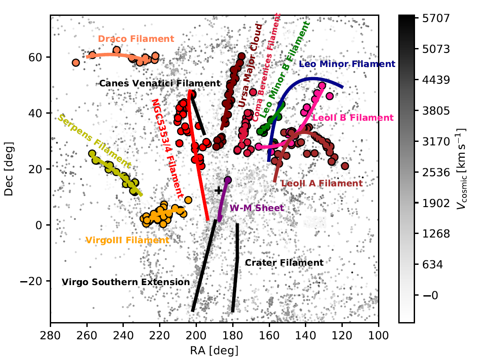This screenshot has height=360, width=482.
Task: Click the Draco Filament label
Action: (136, 39)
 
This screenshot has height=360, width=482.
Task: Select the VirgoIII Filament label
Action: (127, 241)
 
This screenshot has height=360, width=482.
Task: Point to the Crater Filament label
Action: (284, 263)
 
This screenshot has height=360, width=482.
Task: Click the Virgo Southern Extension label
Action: (126, 282)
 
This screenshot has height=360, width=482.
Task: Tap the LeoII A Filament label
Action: (322, 183)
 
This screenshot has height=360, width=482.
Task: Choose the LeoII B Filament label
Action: (352, 118)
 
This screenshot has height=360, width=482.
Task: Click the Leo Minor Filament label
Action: (347, 64)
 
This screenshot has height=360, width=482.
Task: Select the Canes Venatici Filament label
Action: (159, 83)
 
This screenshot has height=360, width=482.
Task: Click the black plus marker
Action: (218, 190)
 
